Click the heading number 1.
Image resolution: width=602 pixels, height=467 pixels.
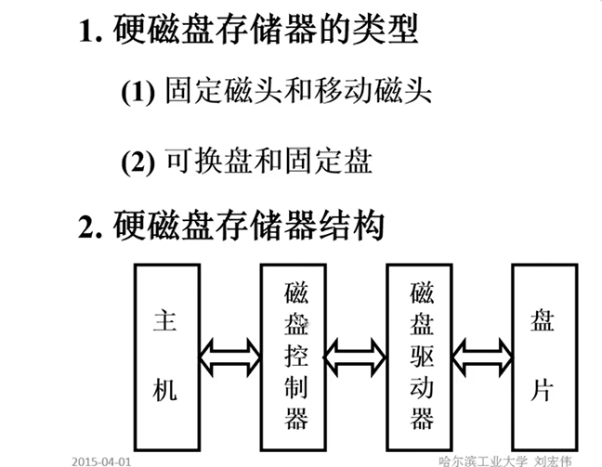pyautogui.click(x=85, y=30)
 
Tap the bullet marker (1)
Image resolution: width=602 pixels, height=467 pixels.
pyautogui.click(x=137, y=92)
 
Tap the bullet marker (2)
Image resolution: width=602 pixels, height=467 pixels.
pyautogui.click(x=137, y=162)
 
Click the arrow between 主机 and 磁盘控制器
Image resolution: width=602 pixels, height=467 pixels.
pyautogui.click(x=230, y=353)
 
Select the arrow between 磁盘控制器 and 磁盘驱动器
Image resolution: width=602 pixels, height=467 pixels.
pyautogui.click(x=356, y=353)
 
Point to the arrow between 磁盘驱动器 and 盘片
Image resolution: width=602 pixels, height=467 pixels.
pyautogui.click(x=481, y=353)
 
